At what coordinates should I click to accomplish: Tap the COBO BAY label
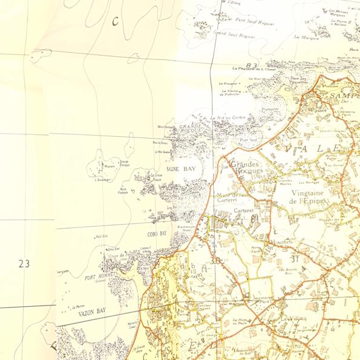tap(156, 233)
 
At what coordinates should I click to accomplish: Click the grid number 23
tap(24, 264)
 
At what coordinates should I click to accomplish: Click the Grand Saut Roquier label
tap(235, 36)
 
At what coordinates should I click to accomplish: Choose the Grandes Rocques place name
tap(244, 168)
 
